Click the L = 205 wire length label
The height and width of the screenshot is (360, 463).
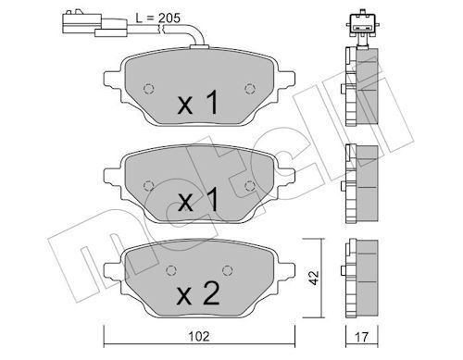[x=157, y=19]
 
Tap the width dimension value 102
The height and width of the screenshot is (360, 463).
[x=199, y=336]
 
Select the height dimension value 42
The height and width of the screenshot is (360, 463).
[x=314, y=278]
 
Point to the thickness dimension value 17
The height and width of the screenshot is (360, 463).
[x=361, y=337]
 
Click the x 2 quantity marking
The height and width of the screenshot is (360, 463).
[x=198, y=294]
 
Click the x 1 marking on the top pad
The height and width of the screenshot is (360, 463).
[x=198, y=103]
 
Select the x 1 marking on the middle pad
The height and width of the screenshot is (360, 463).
[x=198, y=201]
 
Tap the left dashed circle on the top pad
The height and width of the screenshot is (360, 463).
[x=149, y=89]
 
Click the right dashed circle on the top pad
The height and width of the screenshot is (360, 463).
[x=250, y=89]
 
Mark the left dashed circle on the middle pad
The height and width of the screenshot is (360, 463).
[x=149, y=186]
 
